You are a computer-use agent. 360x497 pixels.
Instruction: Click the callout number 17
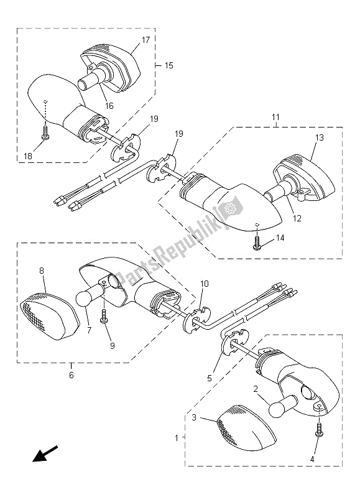(x=145, y=40)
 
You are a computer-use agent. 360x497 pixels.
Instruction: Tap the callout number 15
(x=169, y=65)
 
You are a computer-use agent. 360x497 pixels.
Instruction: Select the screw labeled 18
(x=45, y=133)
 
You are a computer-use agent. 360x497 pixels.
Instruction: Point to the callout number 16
(x=109, y=106)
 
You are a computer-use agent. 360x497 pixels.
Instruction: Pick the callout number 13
(x=320, y=137)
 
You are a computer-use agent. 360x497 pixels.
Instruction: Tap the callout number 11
(x=275, y=118)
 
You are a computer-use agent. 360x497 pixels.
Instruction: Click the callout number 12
(x=297, y=218)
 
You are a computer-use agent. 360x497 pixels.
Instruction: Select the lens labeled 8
(x=48, y=317)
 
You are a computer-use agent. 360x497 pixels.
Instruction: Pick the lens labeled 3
(x=245, y=428)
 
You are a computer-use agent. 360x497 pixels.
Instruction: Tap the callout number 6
(x=72, y=375)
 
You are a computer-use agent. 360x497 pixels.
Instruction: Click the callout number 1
(x=177, y=439)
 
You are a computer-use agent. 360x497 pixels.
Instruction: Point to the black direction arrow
(x=45, y=453)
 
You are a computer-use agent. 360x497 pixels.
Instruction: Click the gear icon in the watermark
(x=228, y=209)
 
